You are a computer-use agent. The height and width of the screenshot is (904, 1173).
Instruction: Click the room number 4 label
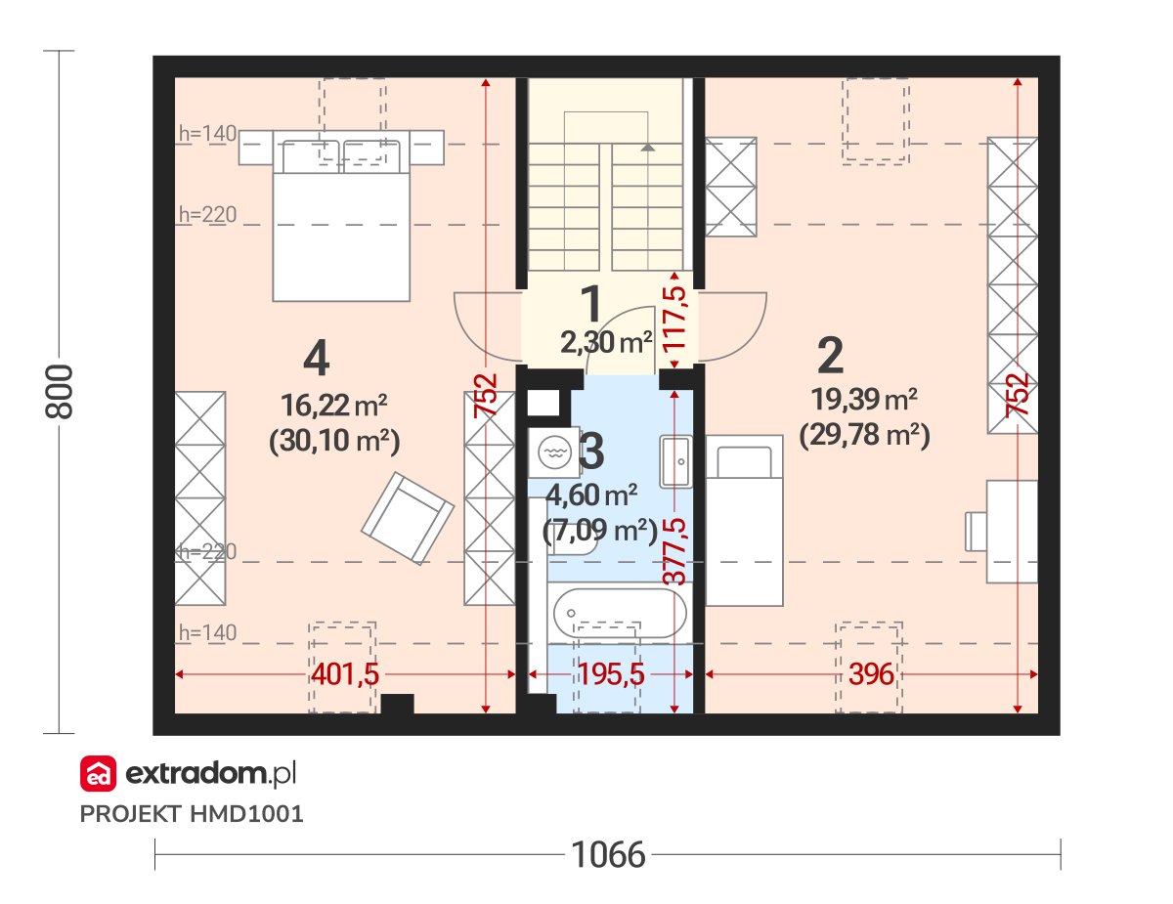317,358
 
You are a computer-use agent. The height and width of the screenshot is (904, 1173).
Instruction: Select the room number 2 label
830,355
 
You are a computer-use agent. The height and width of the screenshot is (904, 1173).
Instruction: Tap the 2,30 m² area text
606,342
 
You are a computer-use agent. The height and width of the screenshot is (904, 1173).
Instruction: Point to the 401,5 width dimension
345,674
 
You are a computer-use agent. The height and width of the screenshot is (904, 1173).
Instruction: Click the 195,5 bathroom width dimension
611,674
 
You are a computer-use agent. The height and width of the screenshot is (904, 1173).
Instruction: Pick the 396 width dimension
871,674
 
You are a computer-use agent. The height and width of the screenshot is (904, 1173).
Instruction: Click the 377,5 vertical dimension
674,551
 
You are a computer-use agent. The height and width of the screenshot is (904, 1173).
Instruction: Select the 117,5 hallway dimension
674,320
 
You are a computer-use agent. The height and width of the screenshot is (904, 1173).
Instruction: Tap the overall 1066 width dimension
608,855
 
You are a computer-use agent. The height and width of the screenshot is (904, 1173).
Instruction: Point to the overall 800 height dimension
59,391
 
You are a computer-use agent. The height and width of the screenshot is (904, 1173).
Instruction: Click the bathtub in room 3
620,613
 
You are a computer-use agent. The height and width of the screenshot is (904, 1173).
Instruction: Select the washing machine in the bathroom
554,452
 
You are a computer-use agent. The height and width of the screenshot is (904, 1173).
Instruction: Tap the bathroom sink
675,462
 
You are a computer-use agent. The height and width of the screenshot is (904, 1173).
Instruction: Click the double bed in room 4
341,216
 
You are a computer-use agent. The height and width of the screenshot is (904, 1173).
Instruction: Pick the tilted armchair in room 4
408,519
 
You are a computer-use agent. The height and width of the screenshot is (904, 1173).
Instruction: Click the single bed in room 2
744,520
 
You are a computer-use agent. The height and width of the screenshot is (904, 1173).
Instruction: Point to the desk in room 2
1012,532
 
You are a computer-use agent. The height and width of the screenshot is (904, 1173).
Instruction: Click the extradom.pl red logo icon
99,773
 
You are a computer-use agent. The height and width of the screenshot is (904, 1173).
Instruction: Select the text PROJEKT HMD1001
192,814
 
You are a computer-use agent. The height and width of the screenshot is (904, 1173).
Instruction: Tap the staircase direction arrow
648,147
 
